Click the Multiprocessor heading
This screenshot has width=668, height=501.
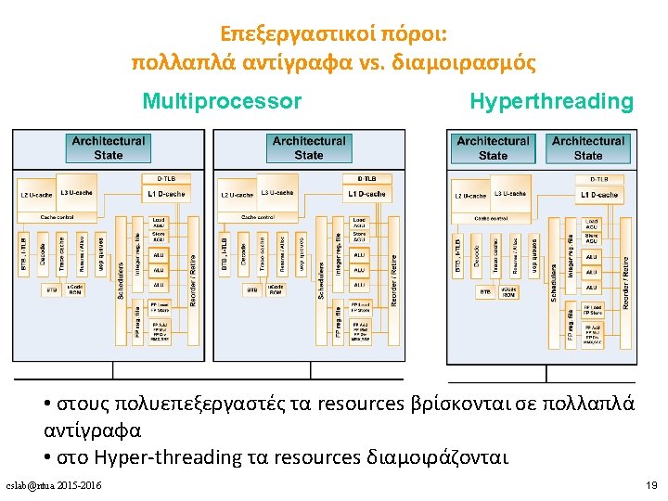pyautogui.click(x=222, y=101)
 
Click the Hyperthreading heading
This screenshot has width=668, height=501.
pyautogui.click(x=551, y=101)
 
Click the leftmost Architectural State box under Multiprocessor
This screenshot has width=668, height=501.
pyautogui.click(x=108, y=148)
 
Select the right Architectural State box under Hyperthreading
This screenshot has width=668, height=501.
pyautogui.click(x=588, y=148)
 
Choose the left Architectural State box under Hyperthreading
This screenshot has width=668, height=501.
pyautogui.click(x=493, y=148)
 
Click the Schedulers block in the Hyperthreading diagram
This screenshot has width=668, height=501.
pyautogui.click(x=553, y=278)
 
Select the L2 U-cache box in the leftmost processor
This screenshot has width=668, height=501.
pyautogui.click(x=37, y=195)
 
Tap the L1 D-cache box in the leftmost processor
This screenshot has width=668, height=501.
pyautogui.click(x=166, y=194)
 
